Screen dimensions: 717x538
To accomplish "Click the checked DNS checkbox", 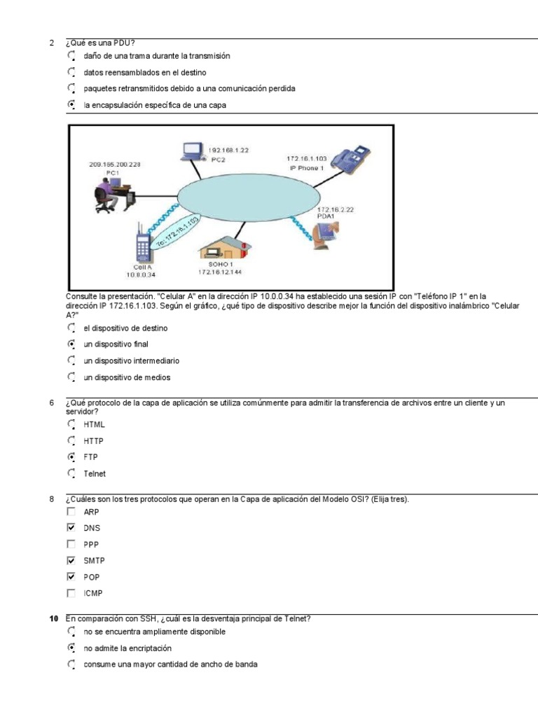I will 71,528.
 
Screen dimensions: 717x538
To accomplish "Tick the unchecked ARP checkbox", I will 71,512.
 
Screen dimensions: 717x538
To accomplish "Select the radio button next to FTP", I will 71,457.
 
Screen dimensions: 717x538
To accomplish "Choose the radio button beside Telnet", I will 71,473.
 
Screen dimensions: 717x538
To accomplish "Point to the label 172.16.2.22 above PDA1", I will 336,209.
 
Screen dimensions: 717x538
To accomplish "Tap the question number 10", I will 53,618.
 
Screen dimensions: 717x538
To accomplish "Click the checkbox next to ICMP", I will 71,593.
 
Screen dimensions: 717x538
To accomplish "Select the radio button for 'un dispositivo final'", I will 71,344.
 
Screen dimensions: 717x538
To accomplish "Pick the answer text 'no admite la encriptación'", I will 127,648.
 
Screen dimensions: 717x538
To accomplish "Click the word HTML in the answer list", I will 94,425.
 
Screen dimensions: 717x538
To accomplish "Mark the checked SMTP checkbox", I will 71,560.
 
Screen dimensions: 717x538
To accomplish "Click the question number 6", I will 52,403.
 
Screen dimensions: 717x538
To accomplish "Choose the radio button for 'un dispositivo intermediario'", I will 71,361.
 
